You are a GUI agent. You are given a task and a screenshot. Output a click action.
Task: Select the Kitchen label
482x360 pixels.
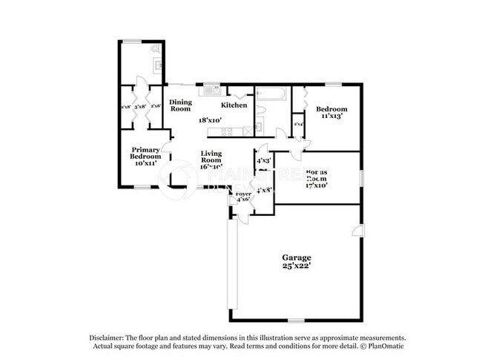point(234,105)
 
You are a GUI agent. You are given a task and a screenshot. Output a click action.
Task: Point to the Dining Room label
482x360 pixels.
point(180,105)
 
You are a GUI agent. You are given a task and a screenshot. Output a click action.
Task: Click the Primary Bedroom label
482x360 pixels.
point(145,153)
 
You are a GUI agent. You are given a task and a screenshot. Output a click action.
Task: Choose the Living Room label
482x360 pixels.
point(211,157)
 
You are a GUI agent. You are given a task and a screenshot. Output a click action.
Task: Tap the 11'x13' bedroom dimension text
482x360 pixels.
point(332,116)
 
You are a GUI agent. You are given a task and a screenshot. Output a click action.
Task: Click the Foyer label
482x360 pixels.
point(242,194)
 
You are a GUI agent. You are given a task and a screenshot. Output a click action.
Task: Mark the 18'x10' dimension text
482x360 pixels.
point(210,120)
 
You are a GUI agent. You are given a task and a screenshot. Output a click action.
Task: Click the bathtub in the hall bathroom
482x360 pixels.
point(271,93)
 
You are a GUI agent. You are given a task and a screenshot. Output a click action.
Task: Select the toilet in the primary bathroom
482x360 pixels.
point(154,50)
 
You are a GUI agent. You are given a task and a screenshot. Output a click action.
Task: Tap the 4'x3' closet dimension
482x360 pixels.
point(263,160)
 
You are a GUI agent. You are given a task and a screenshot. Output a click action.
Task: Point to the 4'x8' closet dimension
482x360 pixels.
point(263,190)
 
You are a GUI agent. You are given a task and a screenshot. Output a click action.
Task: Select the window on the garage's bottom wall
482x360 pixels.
point(296,321)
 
